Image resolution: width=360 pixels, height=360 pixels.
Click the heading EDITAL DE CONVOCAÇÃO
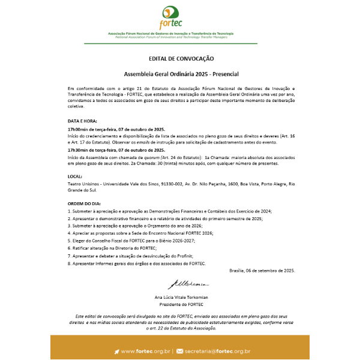[181, 59]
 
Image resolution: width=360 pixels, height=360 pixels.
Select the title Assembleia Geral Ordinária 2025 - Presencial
[181, 74]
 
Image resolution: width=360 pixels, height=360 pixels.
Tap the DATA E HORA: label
[79, 121]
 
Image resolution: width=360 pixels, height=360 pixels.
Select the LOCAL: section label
[76, 176]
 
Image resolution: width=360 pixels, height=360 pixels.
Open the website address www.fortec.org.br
[146, 351]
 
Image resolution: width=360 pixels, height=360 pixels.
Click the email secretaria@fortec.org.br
[217, 351]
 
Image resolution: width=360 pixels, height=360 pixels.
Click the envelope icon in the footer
[180, 351]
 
